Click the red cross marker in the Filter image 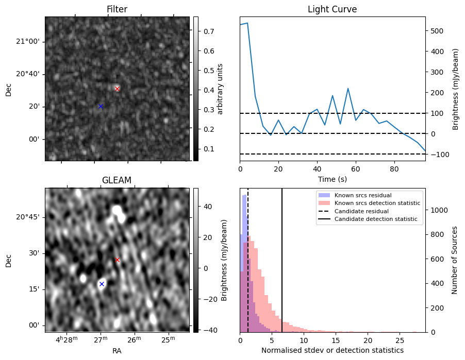[117, 89]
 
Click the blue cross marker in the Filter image [101, 106]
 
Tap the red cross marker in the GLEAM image [117, 260]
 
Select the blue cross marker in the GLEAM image [102, 284]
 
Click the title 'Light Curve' [332, 9]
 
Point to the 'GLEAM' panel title [117, 180]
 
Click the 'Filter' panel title [117, 9]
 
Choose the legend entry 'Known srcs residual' [363, 195]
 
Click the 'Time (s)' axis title [332, 179]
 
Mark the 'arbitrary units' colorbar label [220, 89]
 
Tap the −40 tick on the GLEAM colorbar [209, 330]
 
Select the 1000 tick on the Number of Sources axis [437, 210]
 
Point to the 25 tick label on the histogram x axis [400, 341]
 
